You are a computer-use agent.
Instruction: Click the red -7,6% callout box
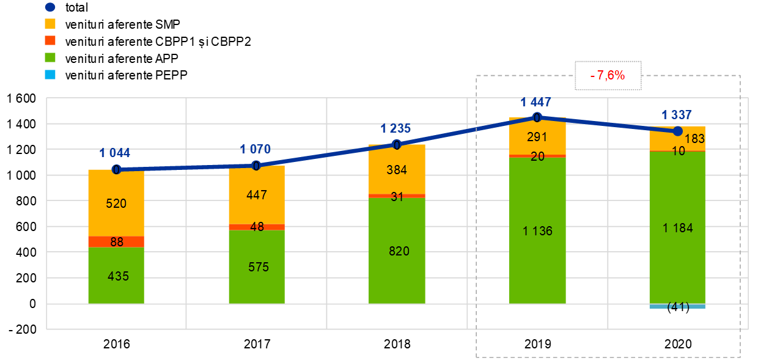tap(608, 75)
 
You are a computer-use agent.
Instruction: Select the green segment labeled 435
tap(116, 275)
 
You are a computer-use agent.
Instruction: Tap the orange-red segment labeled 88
tap(116, 241)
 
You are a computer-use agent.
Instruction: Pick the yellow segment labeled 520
tap(116, 203)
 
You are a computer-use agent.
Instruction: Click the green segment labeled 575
tap(257, 266)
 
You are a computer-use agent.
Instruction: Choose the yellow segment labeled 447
tap(257, 195)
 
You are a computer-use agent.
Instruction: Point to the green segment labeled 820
tap(397, 251)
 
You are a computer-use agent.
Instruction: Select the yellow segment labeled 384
tap(397, 169)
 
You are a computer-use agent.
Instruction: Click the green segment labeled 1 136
tap(537, 230)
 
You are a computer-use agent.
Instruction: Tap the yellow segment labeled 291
tap(537, 136)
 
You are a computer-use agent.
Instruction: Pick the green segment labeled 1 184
tap(677, 227)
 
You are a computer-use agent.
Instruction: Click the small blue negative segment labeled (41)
tap(677, 306)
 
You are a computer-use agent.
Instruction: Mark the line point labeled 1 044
tap(116, 169)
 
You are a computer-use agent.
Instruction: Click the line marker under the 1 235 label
tap(397, 145)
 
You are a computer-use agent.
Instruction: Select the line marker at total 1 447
tap(537, 117)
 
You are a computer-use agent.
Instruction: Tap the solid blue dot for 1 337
tap(677, 131)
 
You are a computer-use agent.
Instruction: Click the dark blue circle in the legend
tap(50, 7)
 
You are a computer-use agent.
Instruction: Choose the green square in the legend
tap(50, 57)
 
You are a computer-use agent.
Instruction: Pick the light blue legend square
tap(50, 75)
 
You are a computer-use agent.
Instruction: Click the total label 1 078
tap(256, 149)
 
